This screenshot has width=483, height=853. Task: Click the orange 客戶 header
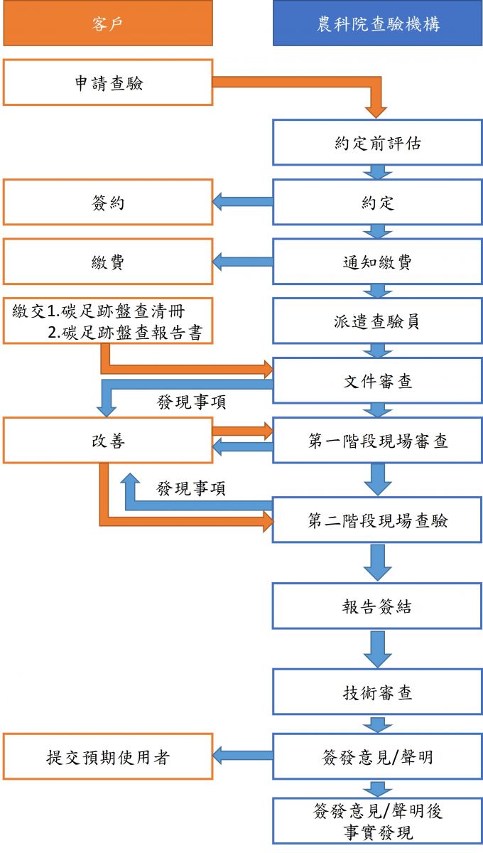tap(108, 23)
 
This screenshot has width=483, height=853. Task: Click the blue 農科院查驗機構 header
tap(377, 23)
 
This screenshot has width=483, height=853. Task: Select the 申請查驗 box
tap(108, 82)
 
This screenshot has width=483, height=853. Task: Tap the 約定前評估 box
tap(377, 142)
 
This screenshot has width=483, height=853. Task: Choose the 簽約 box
tap(108, 202)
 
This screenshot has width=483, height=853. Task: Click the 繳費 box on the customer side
tap(108, 262)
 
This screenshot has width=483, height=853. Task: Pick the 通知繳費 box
tap(377, 262)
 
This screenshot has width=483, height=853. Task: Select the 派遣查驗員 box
tap(377, 321)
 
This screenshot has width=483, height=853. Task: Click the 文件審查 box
tap(377, 381)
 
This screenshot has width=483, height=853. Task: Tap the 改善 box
tap(108, 441)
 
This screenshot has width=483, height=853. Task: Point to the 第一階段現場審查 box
tap(377, 441)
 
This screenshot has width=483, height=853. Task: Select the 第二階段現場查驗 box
tap(377, 520)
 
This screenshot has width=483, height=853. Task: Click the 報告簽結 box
tap(377, 606)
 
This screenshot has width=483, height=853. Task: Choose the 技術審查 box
tap(377, 692)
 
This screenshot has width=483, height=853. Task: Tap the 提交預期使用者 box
tap(108, 757)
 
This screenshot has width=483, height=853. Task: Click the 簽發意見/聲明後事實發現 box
tap(377, 821)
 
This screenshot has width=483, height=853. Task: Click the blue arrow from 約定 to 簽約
tap(243, 202)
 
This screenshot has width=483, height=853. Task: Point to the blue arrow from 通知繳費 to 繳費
tap(243, 262)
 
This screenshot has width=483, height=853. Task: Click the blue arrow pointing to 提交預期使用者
tap(243, 757)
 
